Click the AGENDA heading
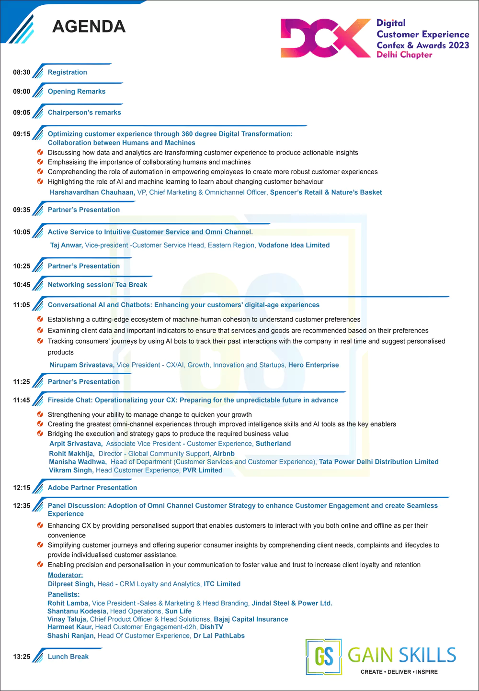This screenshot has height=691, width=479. [89, 26]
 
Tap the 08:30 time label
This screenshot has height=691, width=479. [22, 72]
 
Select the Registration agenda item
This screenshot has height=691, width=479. [67, 72]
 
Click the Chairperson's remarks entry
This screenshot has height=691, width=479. [84, 112]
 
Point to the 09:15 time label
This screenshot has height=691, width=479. [22, 134]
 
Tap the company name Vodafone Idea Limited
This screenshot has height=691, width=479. [294, 245]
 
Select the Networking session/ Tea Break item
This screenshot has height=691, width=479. [97, 285]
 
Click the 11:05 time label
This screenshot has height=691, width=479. [22, 305]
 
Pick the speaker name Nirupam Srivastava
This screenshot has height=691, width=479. [81, 365]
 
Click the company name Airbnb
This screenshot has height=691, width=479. [224, 454]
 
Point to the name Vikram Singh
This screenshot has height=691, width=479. [70, 470]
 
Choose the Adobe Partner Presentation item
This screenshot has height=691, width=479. [92, 488]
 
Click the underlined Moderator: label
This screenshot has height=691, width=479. [65, 575]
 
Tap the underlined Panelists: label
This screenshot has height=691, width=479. [64, 594]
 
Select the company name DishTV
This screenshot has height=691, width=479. [211, 627]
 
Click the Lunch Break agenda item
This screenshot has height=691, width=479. [68, 657]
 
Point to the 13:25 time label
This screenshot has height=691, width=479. [22, 657]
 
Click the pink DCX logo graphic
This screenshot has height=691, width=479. [325, 38]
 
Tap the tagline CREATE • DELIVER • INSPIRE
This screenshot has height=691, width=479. [399, 672]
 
